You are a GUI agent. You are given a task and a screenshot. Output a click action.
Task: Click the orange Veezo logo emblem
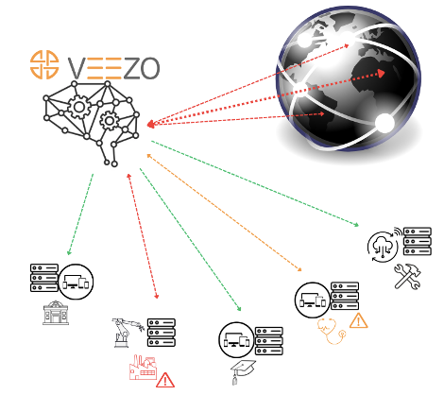pyautogui.click(x=44, y=64)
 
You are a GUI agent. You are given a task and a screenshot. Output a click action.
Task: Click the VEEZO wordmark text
pyautogui.click(x=114, y=68)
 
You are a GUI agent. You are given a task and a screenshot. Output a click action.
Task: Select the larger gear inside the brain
pyautogui.click(x=79, y=107)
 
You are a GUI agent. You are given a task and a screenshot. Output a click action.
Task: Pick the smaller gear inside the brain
pyautogui.click(x=110, y=121)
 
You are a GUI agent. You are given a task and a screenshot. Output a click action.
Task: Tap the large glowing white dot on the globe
pyautogui.click(x=384, y=123)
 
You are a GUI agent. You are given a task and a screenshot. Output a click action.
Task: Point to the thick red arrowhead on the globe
pyautogui.click(x=382, y=74)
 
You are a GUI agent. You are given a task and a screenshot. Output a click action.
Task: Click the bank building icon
pyautogui.click(x=56, y=313)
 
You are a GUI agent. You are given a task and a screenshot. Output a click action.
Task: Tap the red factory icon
pyautogui.click(x=143, y=368)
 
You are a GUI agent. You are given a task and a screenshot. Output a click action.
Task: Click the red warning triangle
pyautogui.click(x=165, y=380)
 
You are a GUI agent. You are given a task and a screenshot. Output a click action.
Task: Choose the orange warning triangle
pyautogui.click(x=358, y=320)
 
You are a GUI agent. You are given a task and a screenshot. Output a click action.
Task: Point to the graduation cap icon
pyautogui.click(x=243, y=371)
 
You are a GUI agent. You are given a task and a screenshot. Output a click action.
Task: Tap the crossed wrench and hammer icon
pyautogui.click(x=408, y=276)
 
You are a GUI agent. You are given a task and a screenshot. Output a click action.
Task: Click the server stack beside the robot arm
pyautogui.click(x=162, y=333)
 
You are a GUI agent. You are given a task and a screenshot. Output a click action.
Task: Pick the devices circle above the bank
pyautogui.click(x=76, y=282)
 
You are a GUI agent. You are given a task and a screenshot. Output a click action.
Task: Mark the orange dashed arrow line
pyautogui.click(x=225, y=213)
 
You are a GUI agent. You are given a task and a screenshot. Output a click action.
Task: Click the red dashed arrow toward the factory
pyautogui.click(x=143, y=236)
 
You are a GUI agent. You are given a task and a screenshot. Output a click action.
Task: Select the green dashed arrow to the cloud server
pyautogui.click(x=255, y=183)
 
